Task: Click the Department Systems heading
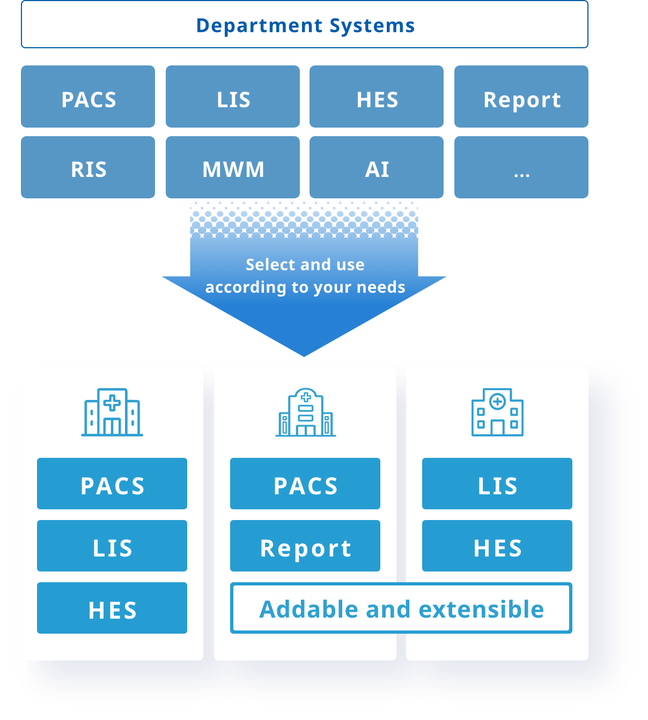tap(305, 25)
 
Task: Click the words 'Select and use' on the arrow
tap(305, 264)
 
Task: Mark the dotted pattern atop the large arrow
tap(304, 219)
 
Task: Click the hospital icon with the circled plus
tap(497, 412)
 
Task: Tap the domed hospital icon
tap(305, 412)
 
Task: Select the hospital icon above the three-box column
tap(112, 412)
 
